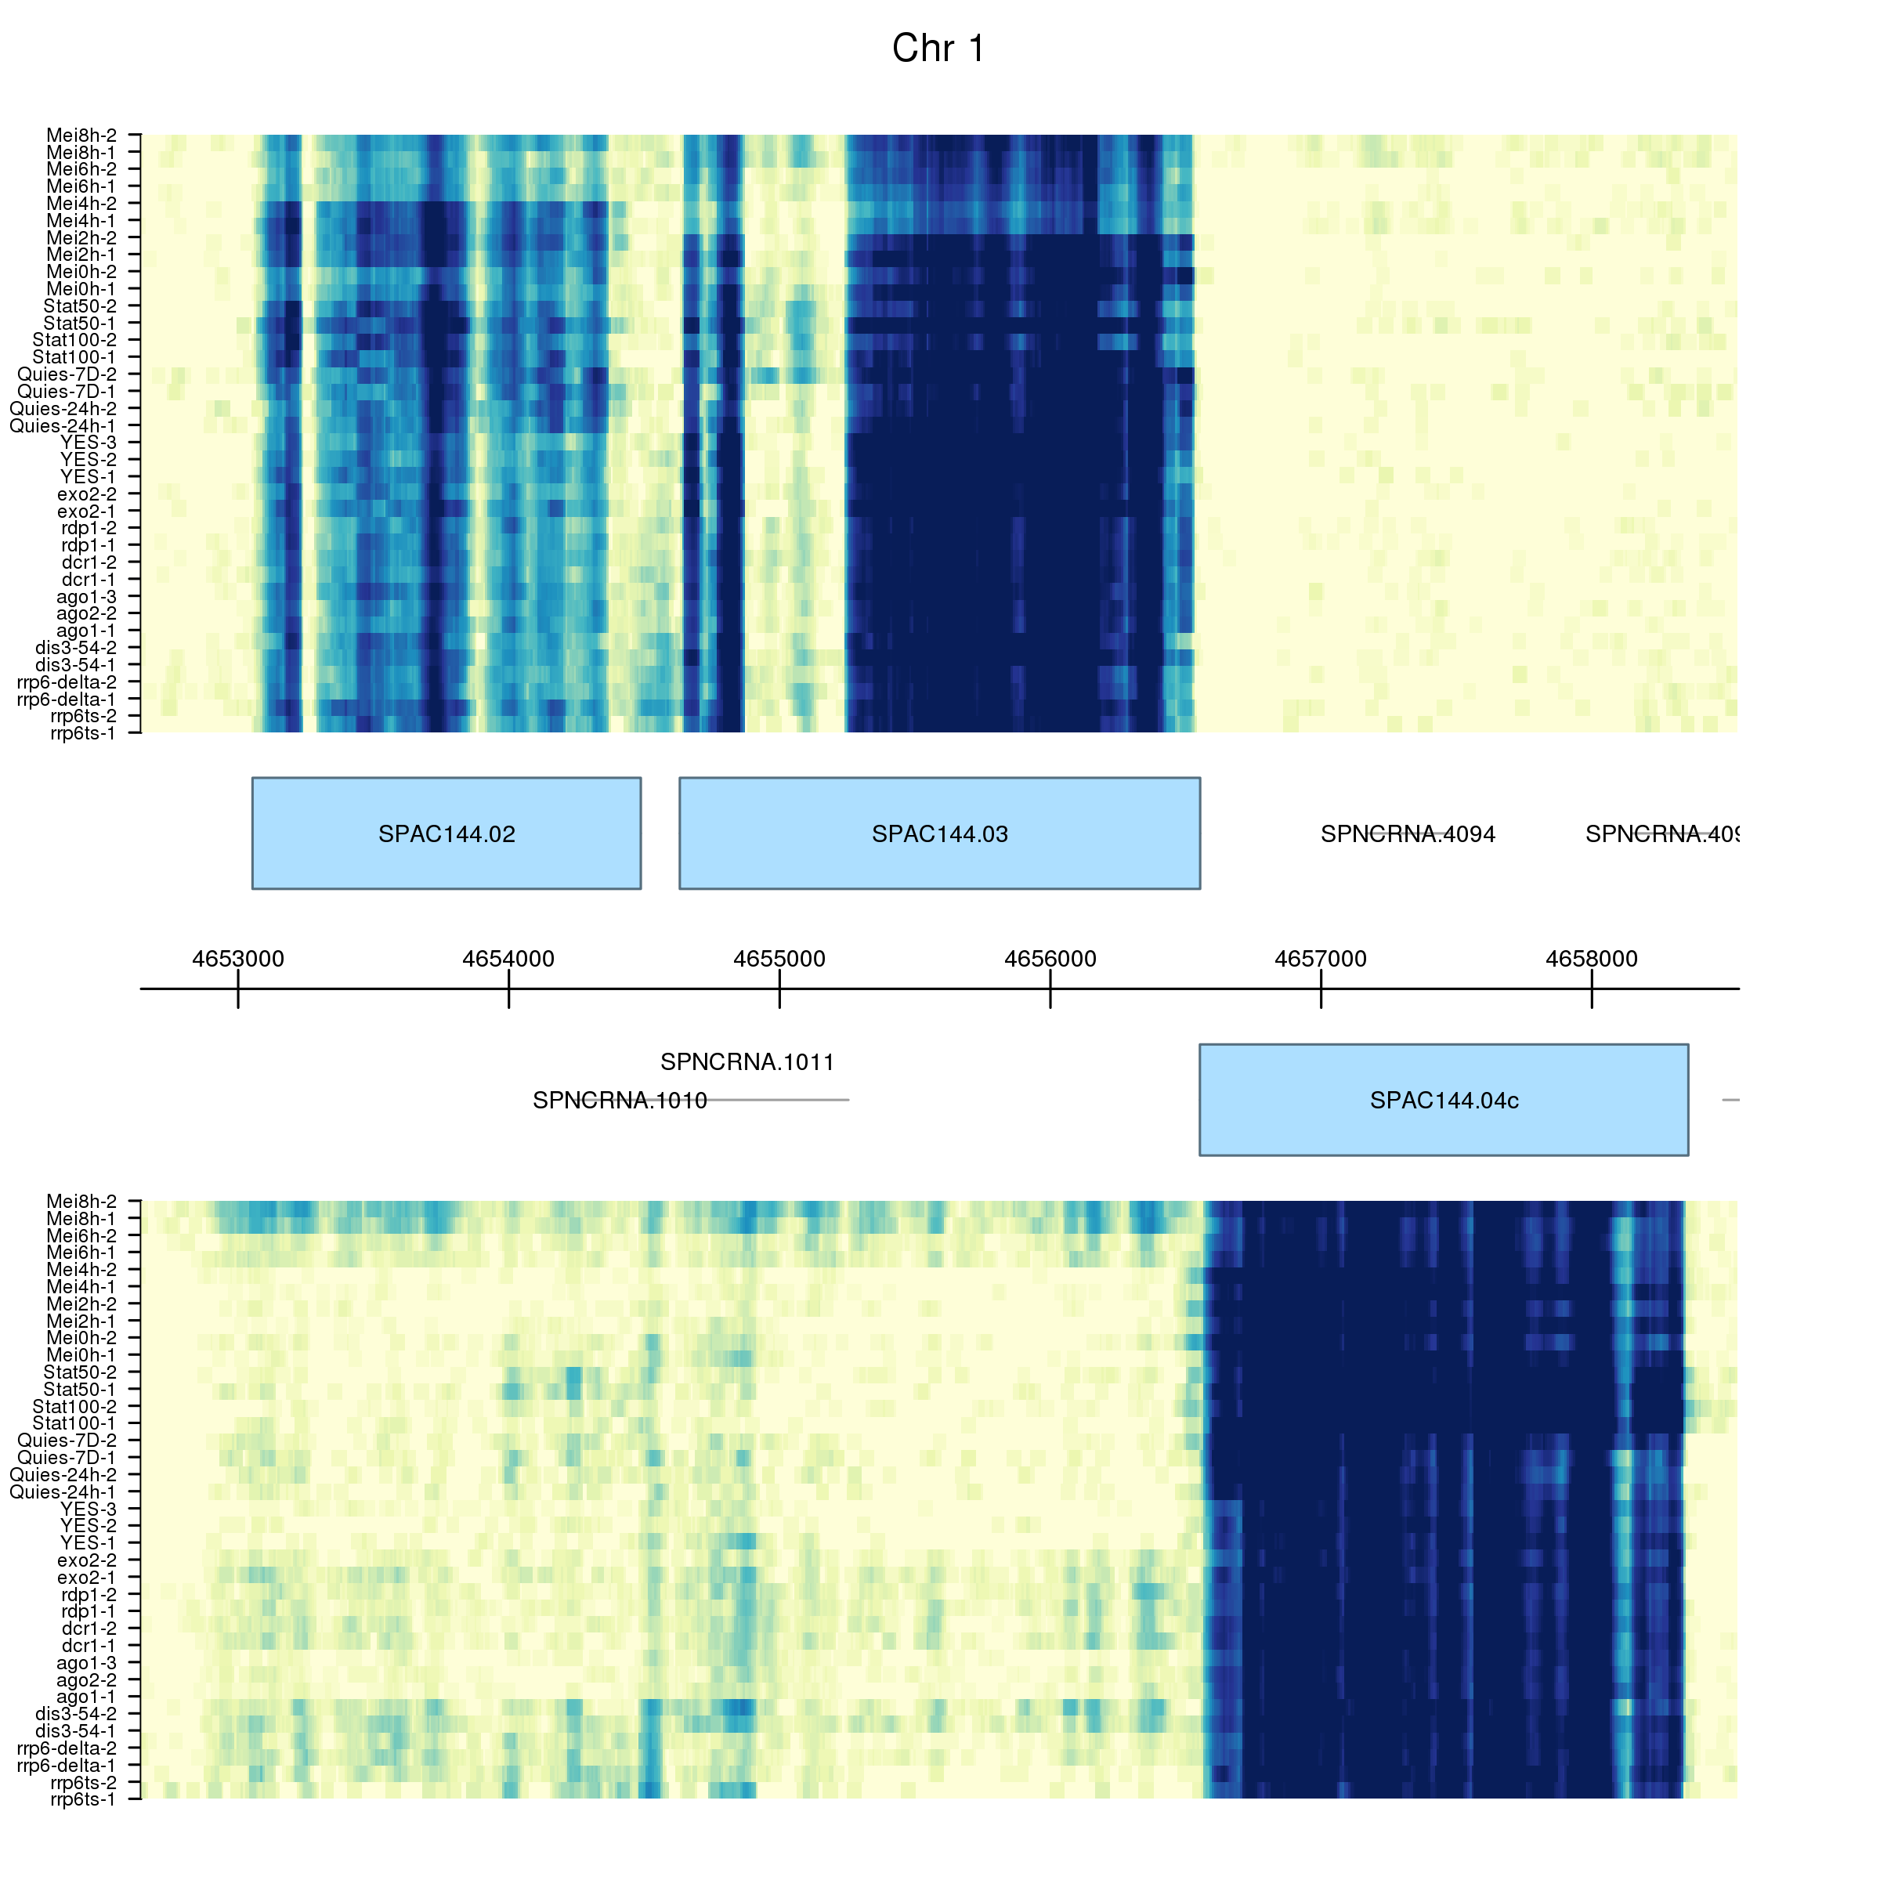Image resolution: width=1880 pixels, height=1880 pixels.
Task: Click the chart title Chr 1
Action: click(x=938, y=49)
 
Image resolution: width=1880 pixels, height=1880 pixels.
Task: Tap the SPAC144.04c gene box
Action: click(x=1443, y=1100)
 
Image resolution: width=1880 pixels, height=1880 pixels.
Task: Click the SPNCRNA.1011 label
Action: click(x=747, y=1061)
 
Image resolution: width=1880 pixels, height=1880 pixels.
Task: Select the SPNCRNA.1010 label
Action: click(x=620, y=1101)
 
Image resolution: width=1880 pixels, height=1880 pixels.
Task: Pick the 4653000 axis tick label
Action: click(x=238, y=959)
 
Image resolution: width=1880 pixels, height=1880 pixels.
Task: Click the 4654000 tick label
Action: click(x=509, y=959)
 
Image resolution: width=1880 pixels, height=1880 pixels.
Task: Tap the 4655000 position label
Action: click(x=779, y=959)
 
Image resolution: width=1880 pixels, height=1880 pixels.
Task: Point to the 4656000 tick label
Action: click(x=1050, y=959)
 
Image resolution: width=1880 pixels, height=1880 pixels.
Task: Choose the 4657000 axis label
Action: click(x=1321, y=959)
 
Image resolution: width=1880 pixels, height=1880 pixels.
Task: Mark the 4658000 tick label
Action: click(x=1591, y=959)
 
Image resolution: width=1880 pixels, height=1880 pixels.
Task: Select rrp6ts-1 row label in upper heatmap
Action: click(x=84, y=732)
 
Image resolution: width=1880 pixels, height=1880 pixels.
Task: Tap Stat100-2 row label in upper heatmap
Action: click(x=75, y=340)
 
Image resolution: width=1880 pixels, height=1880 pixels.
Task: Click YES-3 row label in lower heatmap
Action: click(x=89, y=1508)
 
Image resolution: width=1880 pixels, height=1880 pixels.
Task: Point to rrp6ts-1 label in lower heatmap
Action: click(x=84, y=1799)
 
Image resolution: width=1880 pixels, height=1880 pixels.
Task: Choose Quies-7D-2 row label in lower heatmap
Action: click(x=67, y=1441)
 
